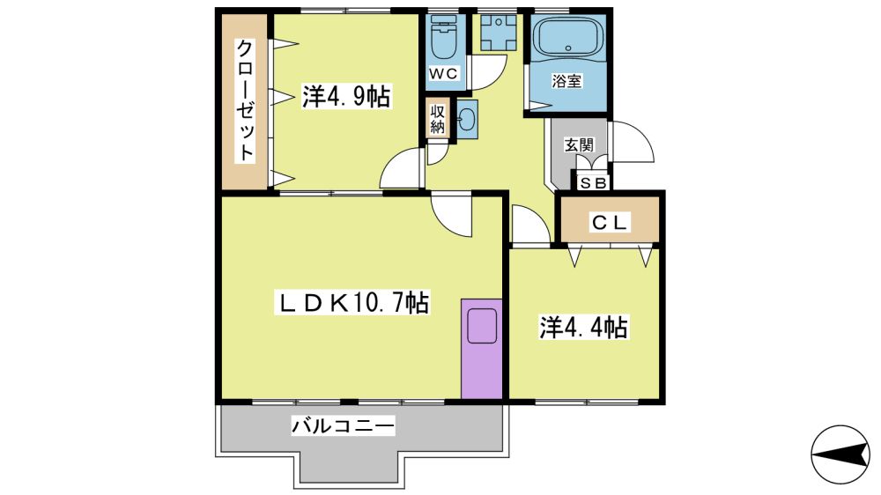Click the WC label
click(x=444, y=74)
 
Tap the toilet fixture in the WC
click(x=444, y=36)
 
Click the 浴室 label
click(x=566, y=81)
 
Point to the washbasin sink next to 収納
click(x=467, y=119)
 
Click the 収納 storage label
click(x=438, y=119)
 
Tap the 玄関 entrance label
click(x=579, y=145)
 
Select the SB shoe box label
click(x=592, y=183)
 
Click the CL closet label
click(x=609, y=223)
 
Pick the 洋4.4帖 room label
click(x=584, y=328)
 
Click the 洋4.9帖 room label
click(x=346, y=96)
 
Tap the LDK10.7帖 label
click(x=352, y=303)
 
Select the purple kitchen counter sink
click(x=482, y=325)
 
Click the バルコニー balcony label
click(x=343, y=425)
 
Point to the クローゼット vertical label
click(x=245, y=100)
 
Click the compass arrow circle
click(x=840, y=454)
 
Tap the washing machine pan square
click(x=498, y=33)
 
